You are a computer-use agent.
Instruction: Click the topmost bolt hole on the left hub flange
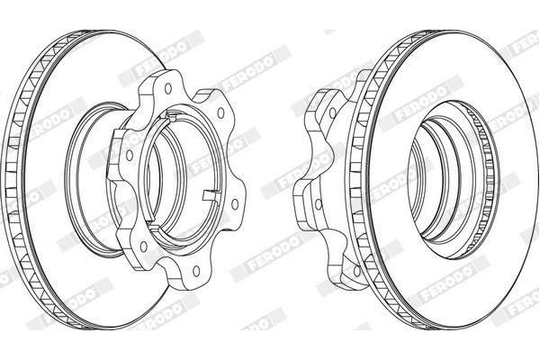[x=168, y=88]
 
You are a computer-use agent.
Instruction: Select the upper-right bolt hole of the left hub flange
[x=220, y=112]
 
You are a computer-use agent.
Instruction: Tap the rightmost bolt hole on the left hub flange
[x=235, y=204]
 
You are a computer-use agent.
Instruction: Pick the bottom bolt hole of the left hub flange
[x=196, y=271]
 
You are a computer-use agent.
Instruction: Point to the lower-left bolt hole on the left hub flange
[x=144, y=247]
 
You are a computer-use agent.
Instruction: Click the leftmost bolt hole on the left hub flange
[x=130, y=156]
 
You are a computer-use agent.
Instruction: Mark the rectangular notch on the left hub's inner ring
[x=211, y=195]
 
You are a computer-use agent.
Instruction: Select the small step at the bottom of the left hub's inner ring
[x=154, y=223]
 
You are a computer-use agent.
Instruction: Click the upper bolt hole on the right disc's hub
[x=332, y=112]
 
